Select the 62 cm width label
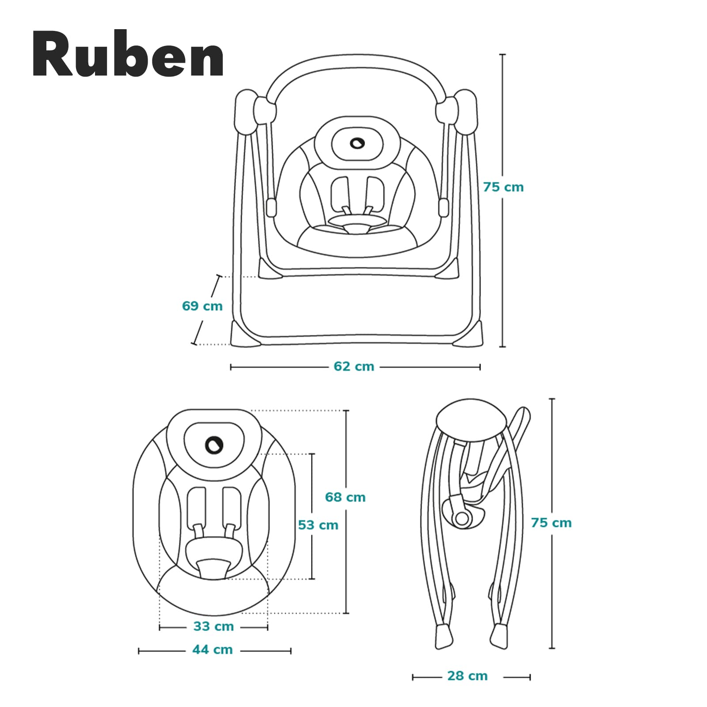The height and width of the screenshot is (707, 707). [353, 366]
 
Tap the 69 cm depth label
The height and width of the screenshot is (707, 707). [202, 306]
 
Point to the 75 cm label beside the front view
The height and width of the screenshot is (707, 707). [503, 187]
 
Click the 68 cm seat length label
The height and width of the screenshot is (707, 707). [345, 497]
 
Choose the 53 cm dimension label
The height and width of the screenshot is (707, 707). [318, 525]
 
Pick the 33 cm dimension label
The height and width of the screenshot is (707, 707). [213, 626]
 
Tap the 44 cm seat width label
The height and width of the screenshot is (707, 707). [212, 650]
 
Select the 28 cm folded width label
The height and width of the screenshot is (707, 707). [467, 676]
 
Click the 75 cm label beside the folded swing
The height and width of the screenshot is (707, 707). [551, 523]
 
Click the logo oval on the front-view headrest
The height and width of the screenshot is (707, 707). [356, 143]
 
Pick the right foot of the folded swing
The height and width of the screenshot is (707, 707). [500, 636]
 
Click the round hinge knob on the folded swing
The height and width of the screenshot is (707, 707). [462, 518]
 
